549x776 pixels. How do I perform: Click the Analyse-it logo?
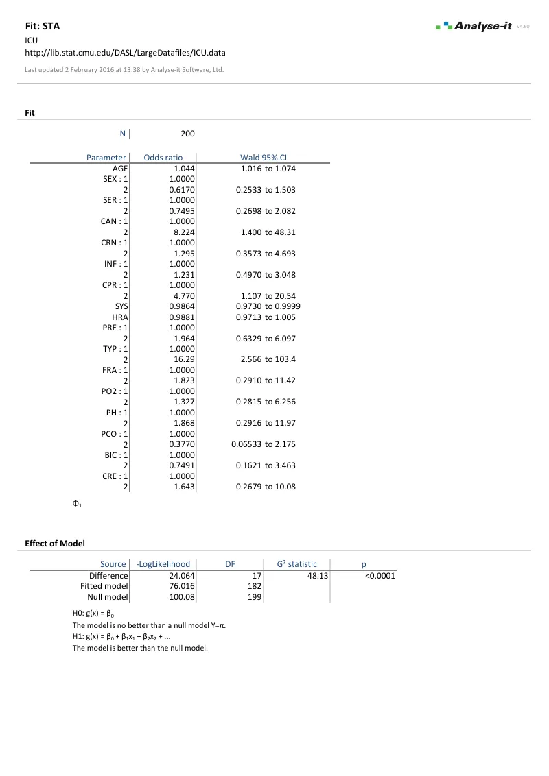pos(474,26)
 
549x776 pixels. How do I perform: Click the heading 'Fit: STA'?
pos(43,27)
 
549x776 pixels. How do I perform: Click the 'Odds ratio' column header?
pos(163,158)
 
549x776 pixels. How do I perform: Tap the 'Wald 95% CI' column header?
pos(263,158)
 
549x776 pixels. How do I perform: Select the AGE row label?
pos(120,168)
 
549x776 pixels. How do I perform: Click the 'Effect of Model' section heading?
pos(55,544)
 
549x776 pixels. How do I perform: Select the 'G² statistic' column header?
pos(296,564)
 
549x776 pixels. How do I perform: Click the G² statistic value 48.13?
pos(316,576)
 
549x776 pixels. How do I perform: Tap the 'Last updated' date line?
pos(124,69)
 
